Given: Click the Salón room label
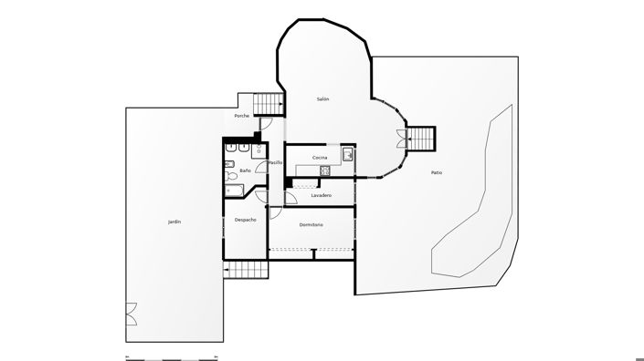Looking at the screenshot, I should pos(322,98).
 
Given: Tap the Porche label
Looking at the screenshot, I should pos(241,116).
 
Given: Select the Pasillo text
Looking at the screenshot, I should pos(274,162).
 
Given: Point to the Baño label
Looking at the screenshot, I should pos(245,170).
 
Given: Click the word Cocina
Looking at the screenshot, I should pos(320,158).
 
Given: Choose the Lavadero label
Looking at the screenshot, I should pos(321,195).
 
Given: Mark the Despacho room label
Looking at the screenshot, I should pos(245,220).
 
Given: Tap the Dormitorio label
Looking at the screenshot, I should pos(311,224).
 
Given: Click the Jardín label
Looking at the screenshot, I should pos(174,222).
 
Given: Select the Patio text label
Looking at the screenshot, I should pos(437,172).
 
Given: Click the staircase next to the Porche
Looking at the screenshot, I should pos(268,103).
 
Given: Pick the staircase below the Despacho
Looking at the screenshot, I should pos(245,270).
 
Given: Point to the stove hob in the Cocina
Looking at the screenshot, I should pos(324,170).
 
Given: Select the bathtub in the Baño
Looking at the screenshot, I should pos(235,191).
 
